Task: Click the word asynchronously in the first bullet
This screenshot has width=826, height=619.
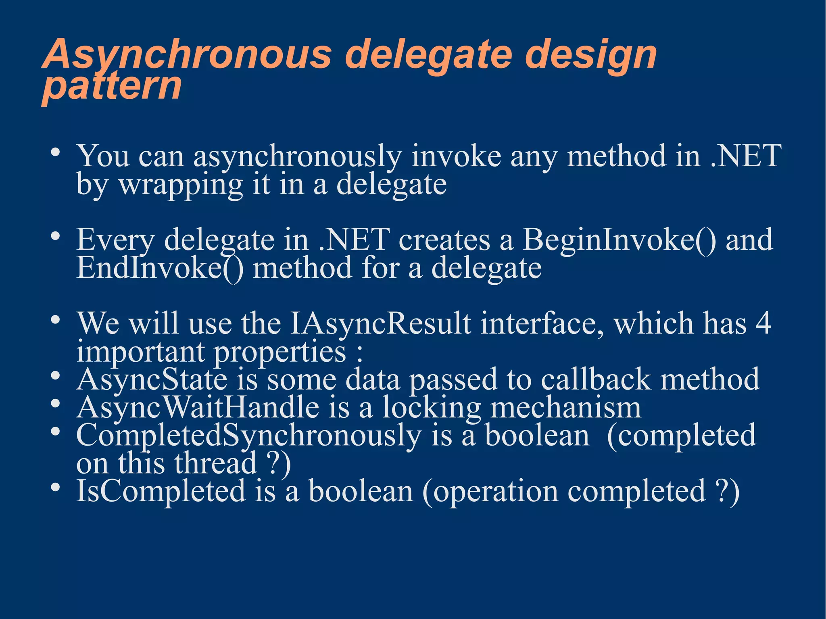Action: [297, 156]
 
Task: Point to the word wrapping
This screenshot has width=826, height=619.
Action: [181, 185]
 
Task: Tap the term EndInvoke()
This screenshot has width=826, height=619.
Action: [160, 269]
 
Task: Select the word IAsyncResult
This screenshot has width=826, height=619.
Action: [380, 324]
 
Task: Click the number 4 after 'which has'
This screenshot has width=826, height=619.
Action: [763, 324]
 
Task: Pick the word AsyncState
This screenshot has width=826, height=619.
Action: [152, 380]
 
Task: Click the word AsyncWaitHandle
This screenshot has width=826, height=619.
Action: [198, 408]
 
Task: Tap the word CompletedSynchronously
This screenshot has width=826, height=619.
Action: [248, 436]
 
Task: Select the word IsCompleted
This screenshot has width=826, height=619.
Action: [161, 492]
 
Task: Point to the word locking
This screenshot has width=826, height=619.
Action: [432, 408]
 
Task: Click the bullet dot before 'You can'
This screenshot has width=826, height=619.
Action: [56, 153]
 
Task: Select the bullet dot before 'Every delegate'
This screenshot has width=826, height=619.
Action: [56, 236]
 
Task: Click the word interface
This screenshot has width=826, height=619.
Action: [542, 324]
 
